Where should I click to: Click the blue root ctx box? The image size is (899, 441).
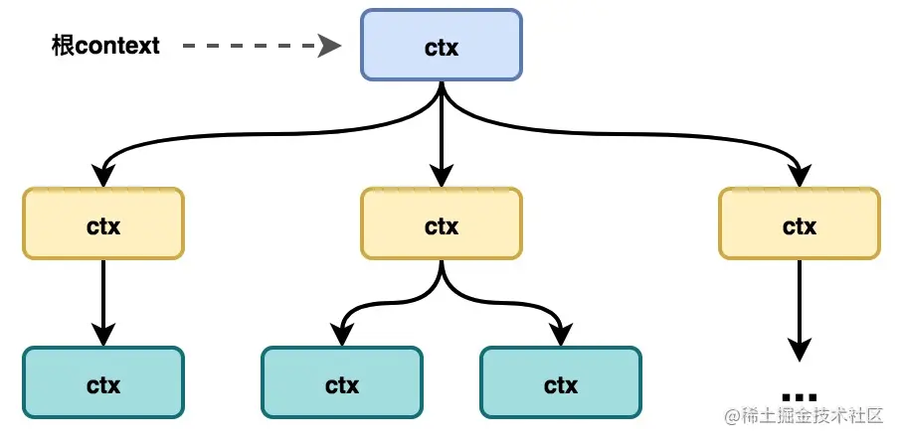click(x=441, y=46)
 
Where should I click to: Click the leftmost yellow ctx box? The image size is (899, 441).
click(x=103, y=224)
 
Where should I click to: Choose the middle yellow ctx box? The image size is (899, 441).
click(x=441, y=224)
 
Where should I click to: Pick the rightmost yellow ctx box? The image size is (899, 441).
click(x=799, y=224)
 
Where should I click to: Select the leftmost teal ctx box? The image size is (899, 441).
click(x=103, y=382)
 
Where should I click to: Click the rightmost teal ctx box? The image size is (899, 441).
click(x=560, y=382)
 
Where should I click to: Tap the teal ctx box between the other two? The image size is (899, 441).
click(x=341, y=382)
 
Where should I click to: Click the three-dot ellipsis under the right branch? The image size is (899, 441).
click(x=799, y=393)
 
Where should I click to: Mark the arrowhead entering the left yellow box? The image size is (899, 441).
click(x=103, y=176)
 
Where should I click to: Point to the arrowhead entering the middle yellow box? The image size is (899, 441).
click(x=441, y=176)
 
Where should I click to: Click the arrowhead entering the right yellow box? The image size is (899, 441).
click(x=799, y=176)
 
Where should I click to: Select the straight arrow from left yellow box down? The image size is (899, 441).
click(x=103, y=298)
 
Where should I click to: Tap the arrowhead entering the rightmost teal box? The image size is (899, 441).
click(x=560, y=334)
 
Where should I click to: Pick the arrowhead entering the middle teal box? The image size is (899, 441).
click(x=341, y=334)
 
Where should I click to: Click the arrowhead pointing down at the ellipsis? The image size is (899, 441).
click(x=799, y=350)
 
